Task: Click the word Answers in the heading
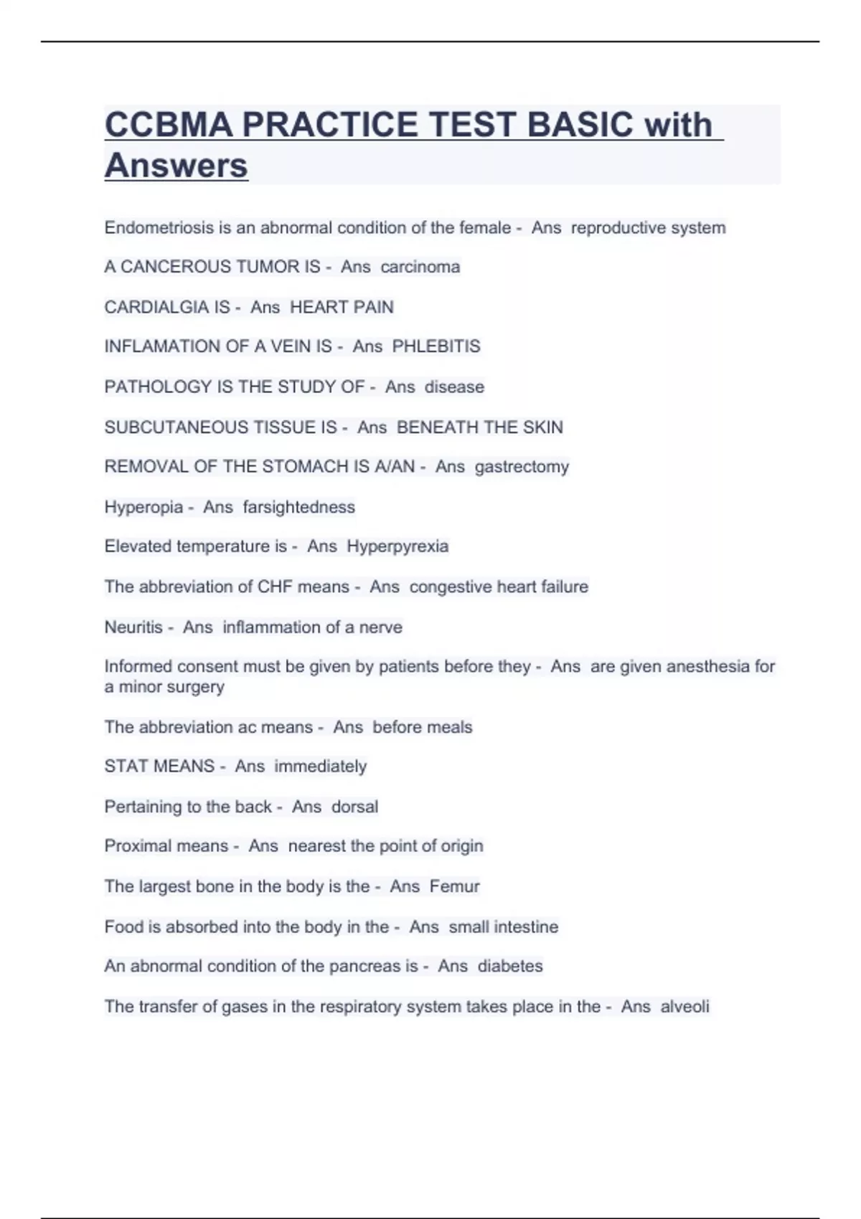point(177,166)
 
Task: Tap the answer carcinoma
point(420,267)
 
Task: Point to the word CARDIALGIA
point(167,307)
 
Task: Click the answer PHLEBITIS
point(436,346)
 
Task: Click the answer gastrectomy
point(522,467)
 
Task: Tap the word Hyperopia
point(143,507)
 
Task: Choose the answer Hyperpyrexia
point(397,546)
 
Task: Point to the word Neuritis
point(133,627)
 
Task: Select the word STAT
point(123,767)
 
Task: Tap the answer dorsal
point(354,807)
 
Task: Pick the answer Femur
point(454,886)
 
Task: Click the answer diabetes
point(510,967)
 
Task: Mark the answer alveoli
point(684,1007)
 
